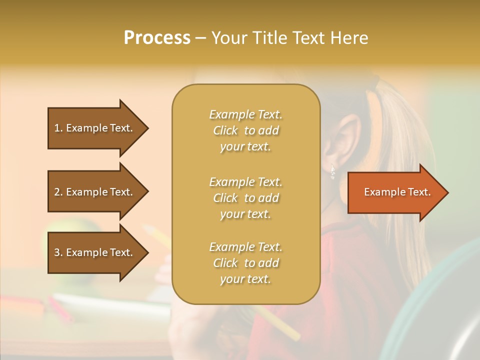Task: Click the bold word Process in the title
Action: point(157,38)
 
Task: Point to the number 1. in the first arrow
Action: point(58,128)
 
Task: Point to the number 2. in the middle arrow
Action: point(58,192)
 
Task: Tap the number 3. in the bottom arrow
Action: point(58,252)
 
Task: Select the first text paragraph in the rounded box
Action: point(245,130)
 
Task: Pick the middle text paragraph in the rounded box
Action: point(245,198)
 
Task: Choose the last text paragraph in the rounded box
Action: point(245,263)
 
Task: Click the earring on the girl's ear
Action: point(332,172)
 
